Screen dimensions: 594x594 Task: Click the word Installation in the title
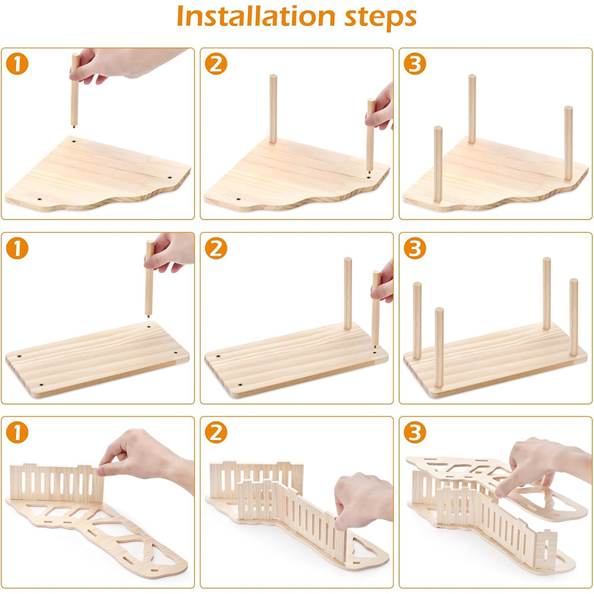click(256, 17)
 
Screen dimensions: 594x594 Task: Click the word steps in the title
click(380, 18)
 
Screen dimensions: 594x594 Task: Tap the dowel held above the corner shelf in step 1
click(75, 90)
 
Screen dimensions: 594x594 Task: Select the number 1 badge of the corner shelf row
click(17, 64)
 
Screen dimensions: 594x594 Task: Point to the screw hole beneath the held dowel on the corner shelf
click(74, 141)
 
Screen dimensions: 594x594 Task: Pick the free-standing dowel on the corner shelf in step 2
click(273, 109)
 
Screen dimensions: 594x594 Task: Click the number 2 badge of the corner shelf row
click(216, 64)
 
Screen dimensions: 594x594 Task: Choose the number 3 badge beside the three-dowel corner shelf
click(415, 64)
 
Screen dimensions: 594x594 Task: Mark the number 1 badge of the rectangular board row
click(17, 248)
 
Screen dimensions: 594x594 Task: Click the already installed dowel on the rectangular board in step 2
click(347, 293)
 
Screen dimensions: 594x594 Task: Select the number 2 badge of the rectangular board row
click(216, 248)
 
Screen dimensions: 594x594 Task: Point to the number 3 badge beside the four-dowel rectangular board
click(415, 248)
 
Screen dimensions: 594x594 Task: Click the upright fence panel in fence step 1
click(57, 482)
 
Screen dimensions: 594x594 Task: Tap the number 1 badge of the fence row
click(17, 432)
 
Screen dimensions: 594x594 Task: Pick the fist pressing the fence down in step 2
click(363, 500)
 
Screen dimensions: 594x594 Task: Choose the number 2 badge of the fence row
click(216, 432)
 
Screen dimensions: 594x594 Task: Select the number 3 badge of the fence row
click(415, 432)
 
